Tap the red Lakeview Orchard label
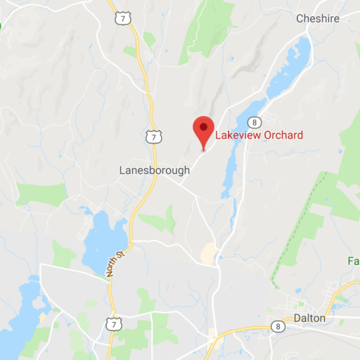tap(259, 135)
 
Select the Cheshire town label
tap(319, 19)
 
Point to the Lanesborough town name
tap(155, 170)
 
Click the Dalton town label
tap(310, 318)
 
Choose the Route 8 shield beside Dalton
tap(279, 326)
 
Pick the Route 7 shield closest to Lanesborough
tap(153, 136)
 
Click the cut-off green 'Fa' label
tap(353, 262)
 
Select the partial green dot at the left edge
tap(1, 25)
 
